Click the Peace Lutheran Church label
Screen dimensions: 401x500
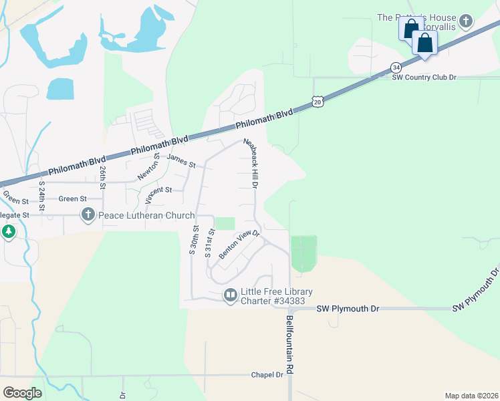pyautogui.click(x=146, y=215)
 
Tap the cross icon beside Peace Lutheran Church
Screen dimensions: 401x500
pyautogui.click(x=88, y=215)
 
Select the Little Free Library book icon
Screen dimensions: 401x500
pyautogui.click(x=231, y=295)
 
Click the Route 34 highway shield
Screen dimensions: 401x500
pyautogui.click(x=396, y=68)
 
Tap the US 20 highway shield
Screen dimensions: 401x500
pyautogui.click(x=318, y=101)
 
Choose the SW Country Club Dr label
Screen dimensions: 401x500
pyautogui.click(x=424, y=78)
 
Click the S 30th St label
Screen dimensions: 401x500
pyautogui.click(x=193, y=241)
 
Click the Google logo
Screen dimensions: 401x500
pyautogui.click(x=22, y=392)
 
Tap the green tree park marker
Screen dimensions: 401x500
pyautogui.click(x=8, y=232)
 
